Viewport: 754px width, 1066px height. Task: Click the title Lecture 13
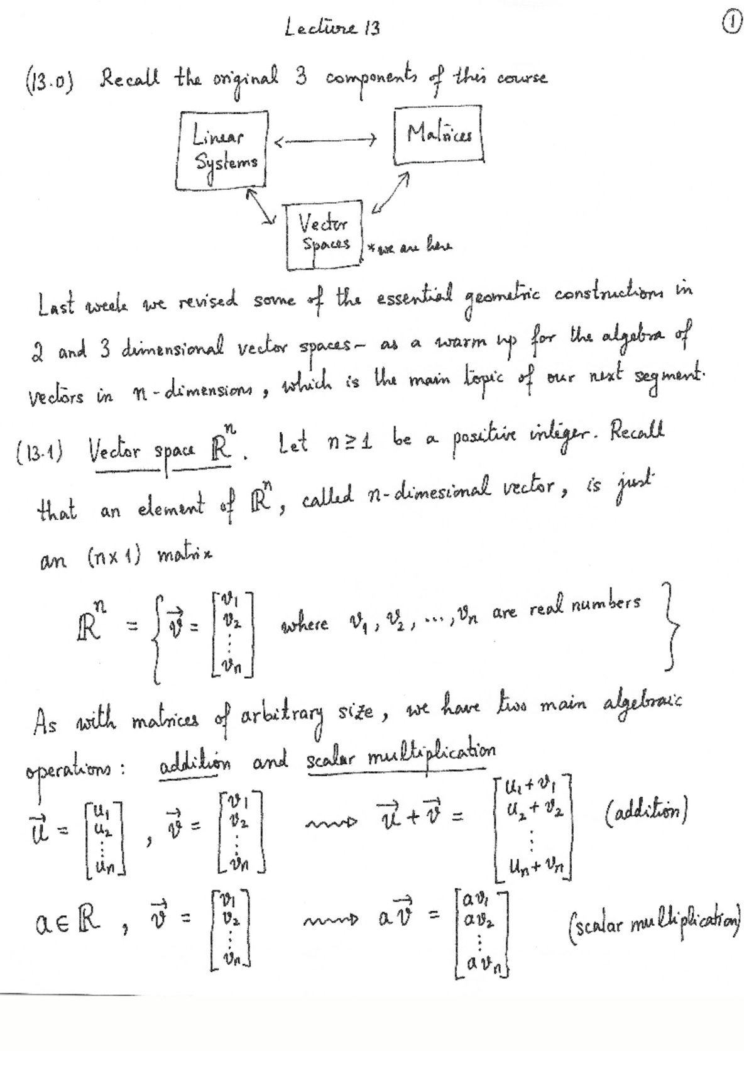(x=332, y=28)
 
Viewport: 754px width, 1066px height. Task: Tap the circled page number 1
(x=730, y=25)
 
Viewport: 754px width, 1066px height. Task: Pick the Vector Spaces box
(x=324, y=233)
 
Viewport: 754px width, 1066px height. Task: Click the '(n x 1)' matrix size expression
(x=112, y=555)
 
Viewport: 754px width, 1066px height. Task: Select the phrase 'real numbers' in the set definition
(x=585, y=605)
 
